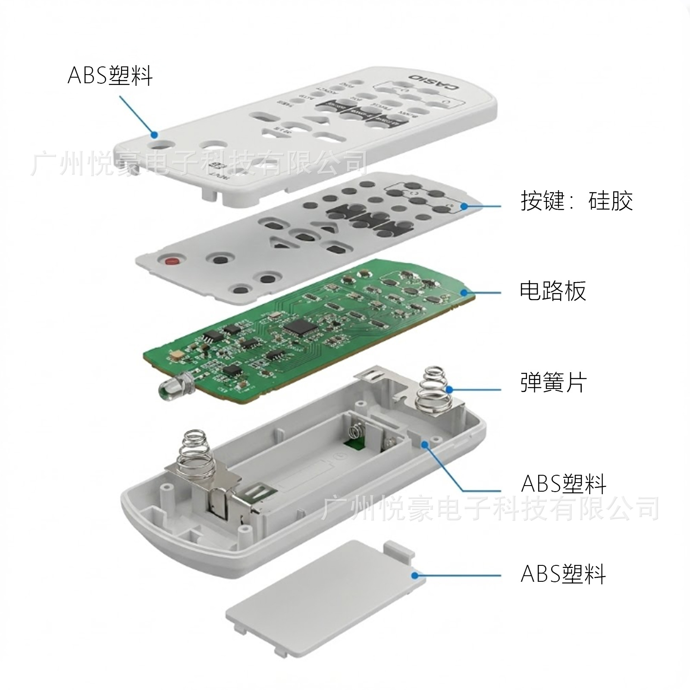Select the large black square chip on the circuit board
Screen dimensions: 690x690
pos(301,327)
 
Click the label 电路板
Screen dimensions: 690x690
pos(552,291)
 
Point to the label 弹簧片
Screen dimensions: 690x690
pos(553,382)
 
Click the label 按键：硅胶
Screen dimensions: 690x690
pos(577,201)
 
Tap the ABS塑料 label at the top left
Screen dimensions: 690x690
pos(110,76)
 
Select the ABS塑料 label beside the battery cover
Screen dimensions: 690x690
pos(563,574)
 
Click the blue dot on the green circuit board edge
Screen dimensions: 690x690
pos(464,293)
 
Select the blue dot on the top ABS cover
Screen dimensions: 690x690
pos(154,135)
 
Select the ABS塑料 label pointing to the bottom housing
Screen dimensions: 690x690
pos(563,483)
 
